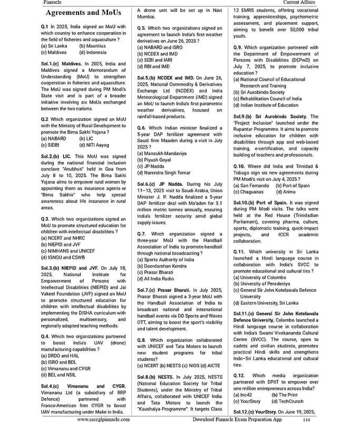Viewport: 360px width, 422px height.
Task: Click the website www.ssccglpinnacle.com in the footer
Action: coord(104,419)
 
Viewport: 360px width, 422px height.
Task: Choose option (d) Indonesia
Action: coord(93,52)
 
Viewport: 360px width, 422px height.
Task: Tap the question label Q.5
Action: coord(141,27)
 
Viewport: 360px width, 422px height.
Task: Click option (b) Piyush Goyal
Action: coord(154,159)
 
